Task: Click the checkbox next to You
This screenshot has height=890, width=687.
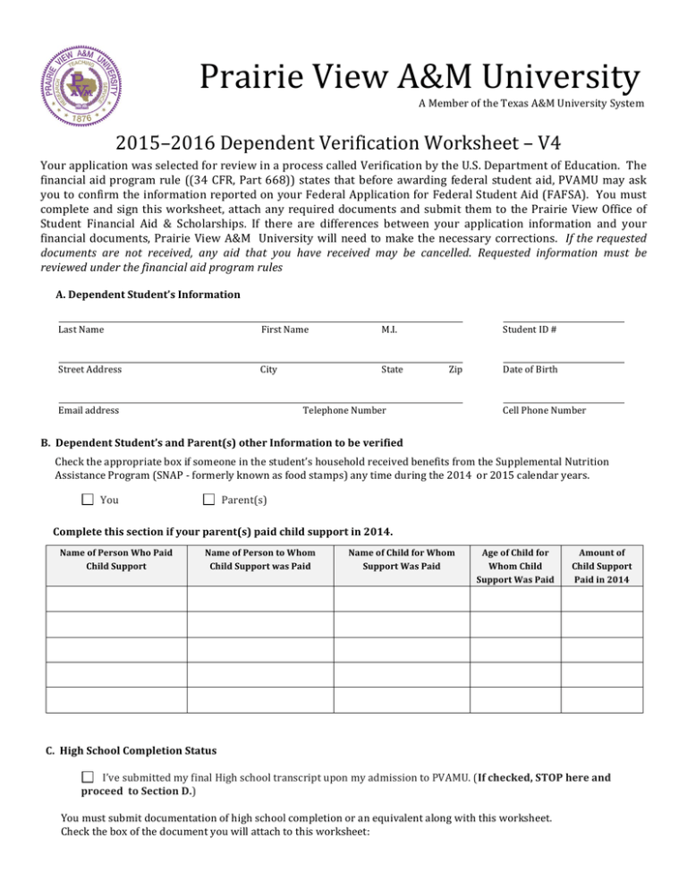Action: click(x=87, y=500)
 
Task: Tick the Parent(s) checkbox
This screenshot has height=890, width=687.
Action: click(x=208, y=500)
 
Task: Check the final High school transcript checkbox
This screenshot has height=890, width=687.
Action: click(x=88, y=778)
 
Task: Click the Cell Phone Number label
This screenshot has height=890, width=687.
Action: click(x=545, y=410)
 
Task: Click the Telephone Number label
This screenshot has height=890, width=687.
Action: click(x=344, y=410)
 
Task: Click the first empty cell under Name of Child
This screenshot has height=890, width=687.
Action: click(x=401, y=597)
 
